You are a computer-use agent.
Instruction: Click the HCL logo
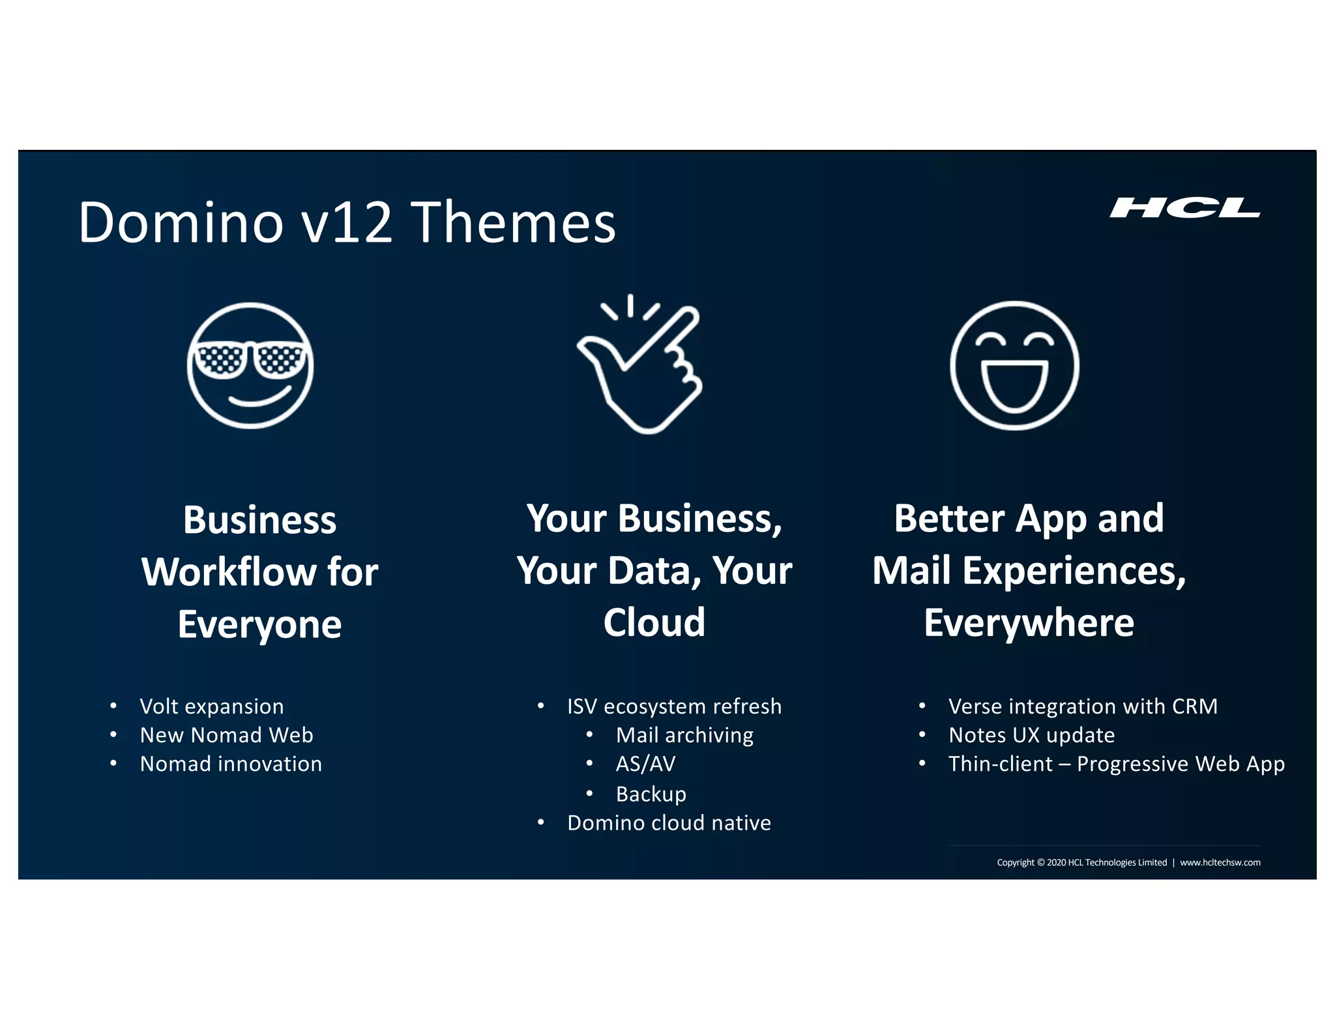point(1184,208)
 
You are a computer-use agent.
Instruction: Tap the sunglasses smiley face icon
point(250,366)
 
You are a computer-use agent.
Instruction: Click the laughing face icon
point(1014,366)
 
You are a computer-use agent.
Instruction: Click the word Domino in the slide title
point(181,223)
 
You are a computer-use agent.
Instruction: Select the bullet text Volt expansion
point(212,706)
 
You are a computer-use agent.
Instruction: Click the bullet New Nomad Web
point(226,735)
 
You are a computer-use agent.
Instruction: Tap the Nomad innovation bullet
point(231,764)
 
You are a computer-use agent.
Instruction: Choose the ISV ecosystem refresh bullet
point(674,706)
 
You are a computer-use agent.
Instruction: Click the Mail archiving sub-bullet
point(684,735)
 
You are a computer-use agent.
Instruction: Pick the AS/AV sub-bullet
point(645,764)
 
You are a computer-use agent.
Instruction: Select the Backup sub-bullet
point(651,794)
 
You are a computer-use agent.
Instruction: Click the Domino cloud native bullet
point(669,823)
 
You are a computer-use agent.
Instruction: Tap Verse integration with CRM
point(1083,706)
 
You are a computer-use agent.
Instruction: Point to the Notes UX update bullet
point(1031,735)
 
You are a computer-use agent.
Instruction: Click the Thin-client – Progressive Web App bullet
point(1116,764)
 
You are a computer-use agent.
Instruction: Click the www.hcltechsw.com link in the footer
point(1220,862)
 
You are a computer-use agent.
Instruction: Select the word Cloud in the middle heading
point(654,622)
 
